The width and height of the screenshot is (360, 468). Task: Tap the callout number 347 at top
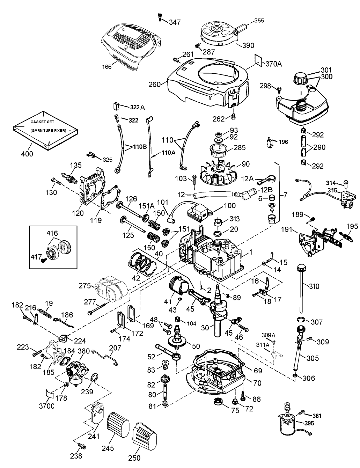(175, 22)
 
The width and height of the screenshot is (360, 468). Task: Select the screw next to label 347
(160, 15)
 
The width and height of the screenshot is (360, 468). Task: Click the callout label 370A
(273, 64)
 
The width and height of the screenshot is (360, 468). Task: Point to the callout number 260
(154, 84)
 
